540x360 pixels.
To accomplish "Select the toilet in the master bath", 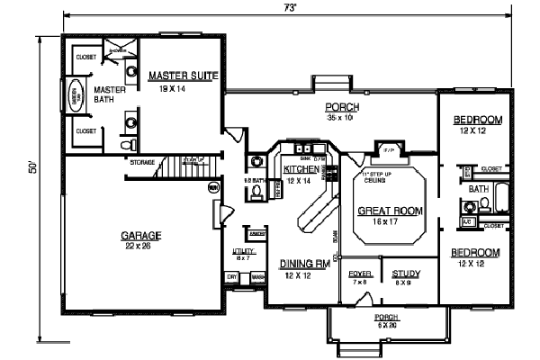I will tap(125, 144).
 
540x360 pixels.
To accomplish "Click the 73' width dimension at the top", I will tap(290, 7).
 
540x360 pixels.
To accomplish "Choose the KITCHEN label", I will tap(300, 169).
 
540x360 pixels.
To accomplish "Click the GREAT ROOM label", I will tap(385, 213).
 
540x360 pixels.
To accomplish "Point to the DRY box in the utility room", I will tap(232, 277).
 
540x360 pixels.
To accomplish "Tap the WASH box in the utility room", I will tap(256, 277).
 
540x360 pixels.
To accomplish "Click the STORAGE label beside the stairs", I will tap(141, 163).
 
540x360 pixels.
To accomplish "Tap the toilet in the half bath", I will tap(256, 191).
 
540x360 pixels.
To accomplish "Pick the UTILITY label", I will tap(241, 252).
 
